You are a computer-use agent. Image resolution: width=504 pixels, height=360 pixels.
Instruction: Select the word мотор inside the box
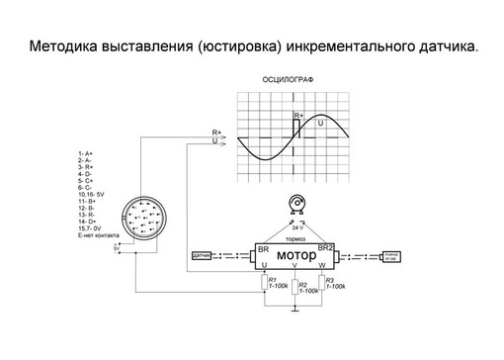(296, 257)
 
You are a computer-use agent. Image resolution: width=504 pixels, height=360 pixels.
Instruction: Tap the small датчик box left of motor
(203, 257)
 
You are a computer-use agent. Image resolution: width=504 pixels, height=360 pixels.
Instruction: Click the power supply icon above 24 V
(294, 207)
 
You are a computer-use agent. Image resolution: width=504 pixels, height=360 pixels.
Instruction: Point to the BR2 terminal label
(327, 247)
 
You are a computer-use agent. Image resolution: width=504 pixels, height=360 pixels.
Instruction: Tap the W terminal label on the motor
(322, 266)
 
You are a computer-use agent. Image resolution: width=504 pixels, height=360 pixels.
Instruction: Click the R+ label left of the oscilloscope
(216, 132)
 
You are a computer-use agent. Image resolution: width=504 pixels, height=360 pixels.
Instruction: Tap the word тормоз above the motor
(294, 240)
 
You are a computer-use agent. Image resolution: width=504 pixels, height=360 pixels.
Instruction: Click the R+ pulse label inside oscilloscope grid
(299, 115)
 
